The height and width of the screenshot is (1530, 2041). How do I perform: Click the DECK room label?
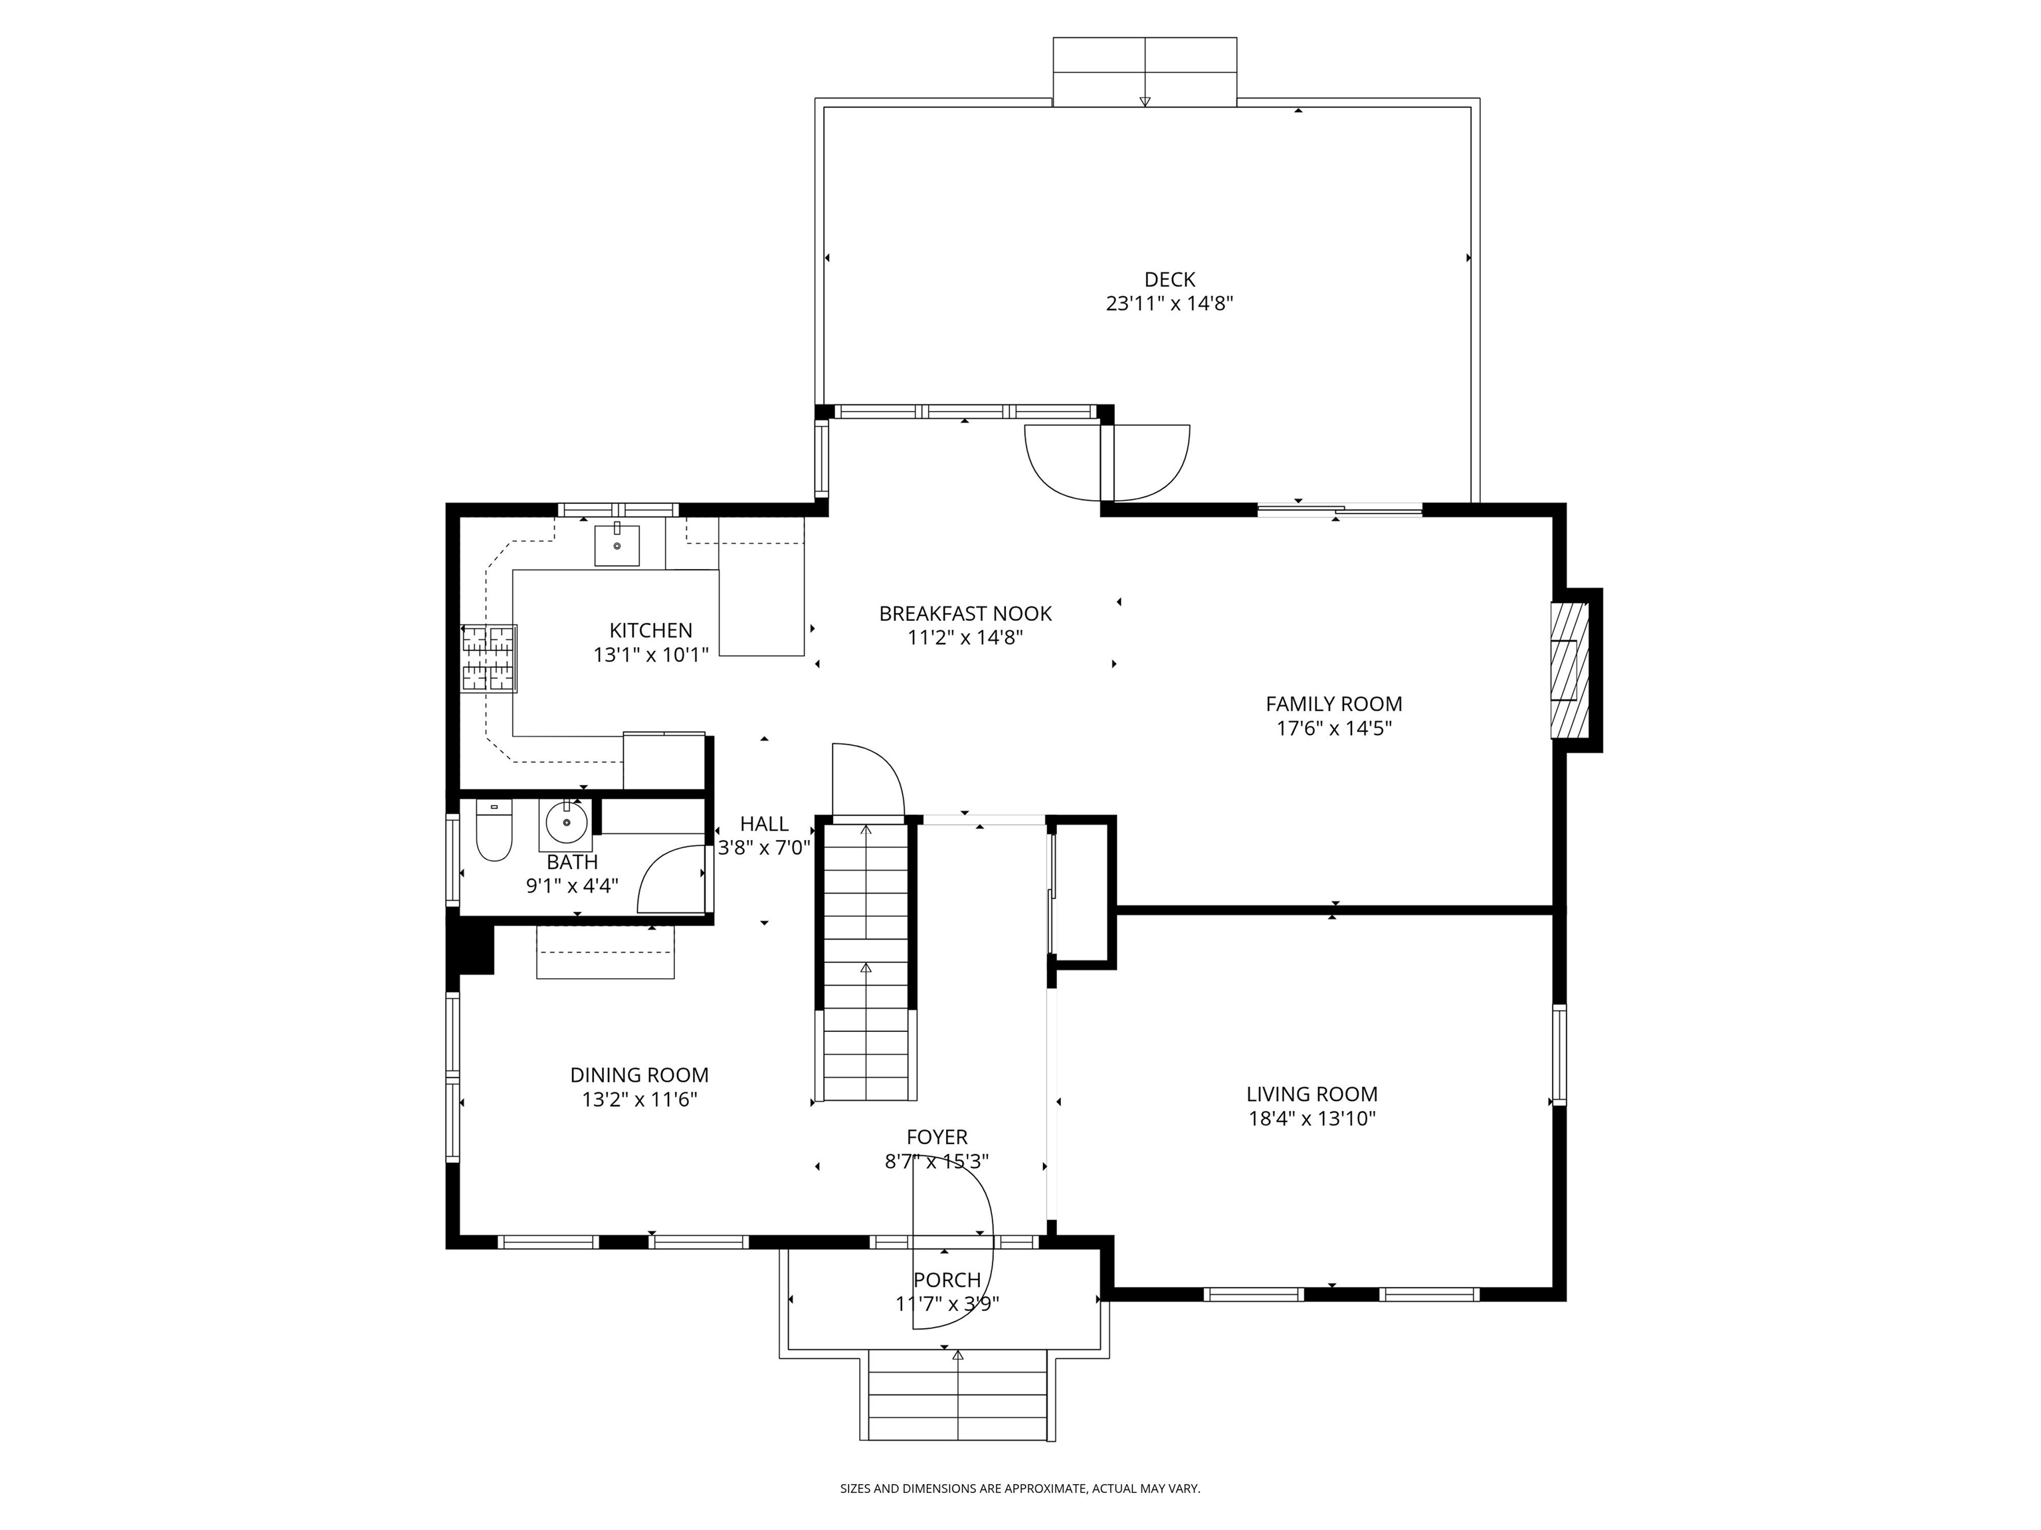pos(1169,280)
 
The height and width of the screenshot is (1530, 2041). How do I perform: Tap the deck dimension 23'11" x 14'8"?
pos(1169,304)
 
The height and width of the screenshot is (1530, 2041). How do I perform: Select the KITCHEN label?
pos(650,631)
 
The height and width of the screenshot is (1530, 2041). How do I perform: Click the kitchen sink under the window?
pos(617,545)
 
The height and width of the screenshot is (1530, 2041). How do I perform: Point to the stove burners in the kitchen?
pos(489,657)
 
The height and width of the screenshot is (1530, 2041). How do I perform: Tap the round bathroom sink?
pos(565,821)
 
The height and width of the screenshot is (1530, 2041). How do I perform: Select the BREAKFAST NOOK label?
pos(965,614)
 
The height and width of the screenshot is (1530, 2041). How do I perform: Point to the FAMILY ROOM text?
pos(1333,704)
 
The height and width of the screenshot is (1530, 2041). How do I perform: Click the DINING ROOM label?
pos(638,1075)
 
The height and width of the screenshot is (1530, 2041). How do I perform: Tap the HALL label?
pos(764,823)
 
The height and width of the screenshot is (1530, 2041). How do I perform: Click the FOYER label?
pos(937,1138)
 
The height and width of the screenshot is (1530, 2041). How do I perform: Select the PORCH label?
pos(947,1280)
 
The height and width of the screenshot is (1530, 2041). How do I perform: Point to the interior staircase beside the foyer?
pos(866,959)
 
